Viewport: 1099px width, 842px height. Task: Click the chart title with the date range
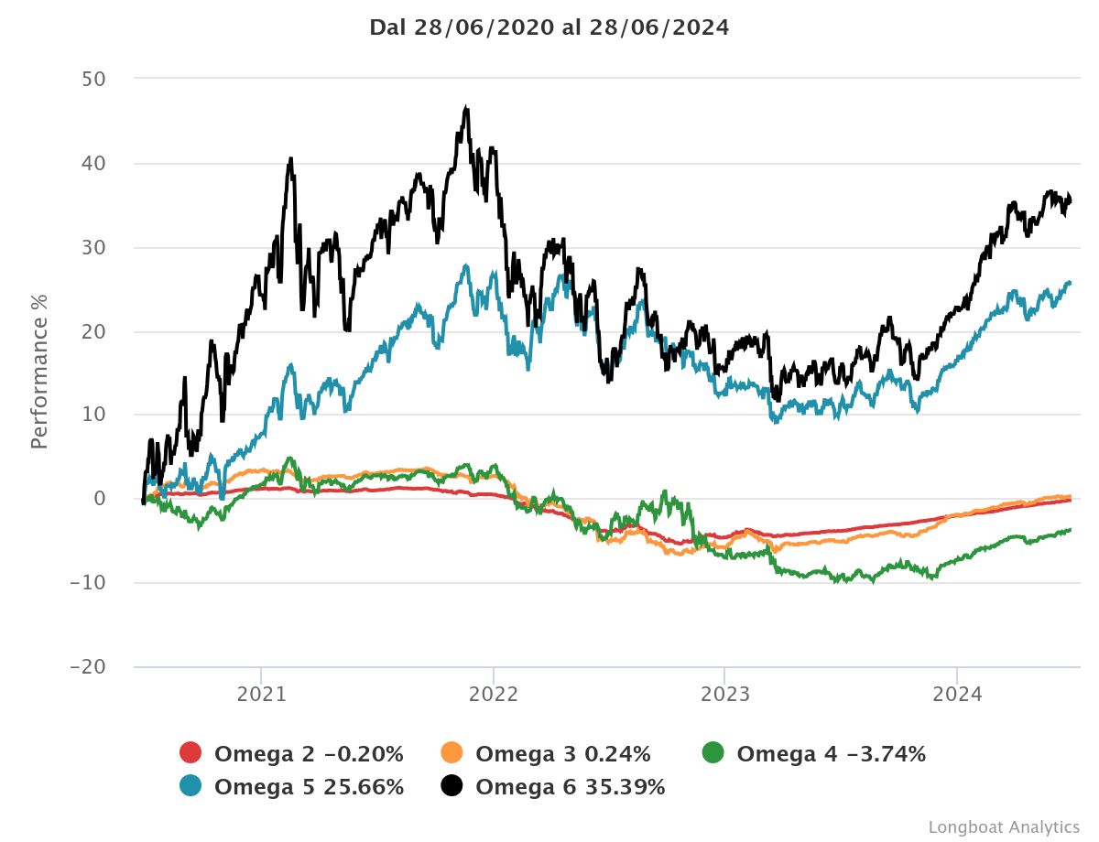pyautogui.click(x=549, y=27)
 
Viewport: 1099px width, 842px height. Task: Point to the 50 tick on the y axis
pyautogui.click(x=94, y=79)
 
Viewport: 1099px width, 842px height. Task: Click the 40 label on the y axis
pyautogui.click(x=94, y=163)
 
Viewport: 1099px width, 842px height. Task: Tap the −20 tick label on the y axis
pyautogui.click(x=88, y=667)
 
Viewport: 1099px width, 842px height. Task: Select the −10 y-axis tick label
pyautogui.click(x=88, y=583)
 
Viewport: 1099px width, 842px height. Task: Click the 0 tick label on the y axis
pyautogui.click(x=100, y=499)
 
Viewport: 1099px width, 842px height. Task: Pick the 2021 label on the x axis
pyautogui.click(x=261, y=695)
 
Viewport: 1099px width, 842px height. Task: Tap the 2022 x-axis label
pyautogui.click(x=493, y=695)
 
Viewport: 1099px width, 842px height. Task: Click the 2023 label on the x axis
pyautogui.click(x=724, y=695)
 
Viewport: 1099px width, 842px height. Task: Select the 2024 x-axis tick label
pyautogui.click(x=956, y=695)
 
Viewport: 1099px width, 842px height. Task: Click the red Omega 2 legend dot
pyautogui.click(x=190, y=754)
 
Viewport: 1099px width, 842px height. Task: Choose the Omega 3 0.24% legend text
pyautogui.click(x=563, y=755)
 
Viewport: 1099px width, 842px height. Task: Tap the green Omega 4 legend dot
pyautogui.click(x=713, y=754)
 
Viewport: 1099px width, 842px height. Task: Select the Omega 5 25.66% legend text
pyautogui.click(x=309, y=787)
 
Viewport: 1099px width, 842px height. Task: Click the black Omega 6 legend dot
pyautogui.click(x=452, y=786)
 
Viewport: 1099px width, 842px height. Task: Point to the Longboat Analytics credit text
pyautogui.click(x=1004, y=826)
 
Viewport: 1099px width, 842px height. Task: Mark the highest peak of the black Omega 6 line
pyautogui.click(x=466, y=108)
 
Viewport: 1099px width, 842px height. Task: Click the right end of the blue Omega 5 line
pyautogui.click(x=1070, y=283)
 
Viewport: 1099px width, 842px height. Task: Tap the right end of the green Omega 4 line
pyautogui.click(x=1070, y=530)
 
